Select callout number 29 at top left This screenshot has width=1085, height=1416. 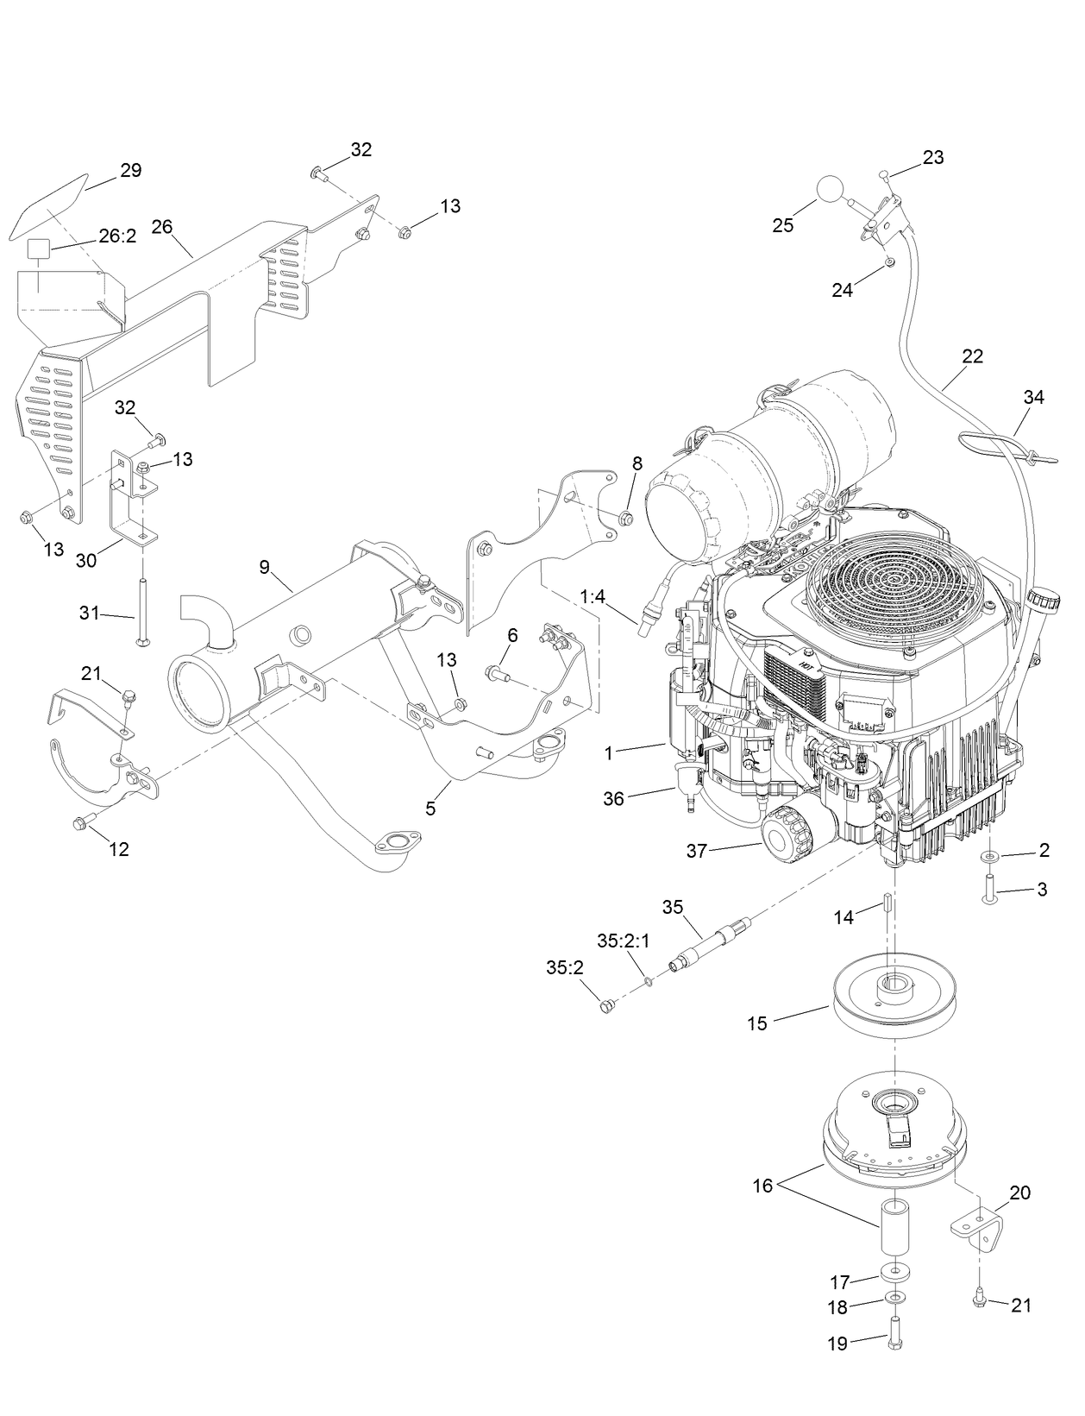tap(130, 170)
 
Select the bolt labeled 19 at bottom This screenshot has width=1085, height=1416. tap(894, 1348)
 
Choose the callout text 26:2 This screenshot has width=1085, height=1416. tap(116, 236)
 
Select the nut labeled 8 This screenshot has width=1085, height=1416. tap(627, 519)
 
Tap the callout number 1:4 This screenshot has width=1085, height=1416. tap(593, 596)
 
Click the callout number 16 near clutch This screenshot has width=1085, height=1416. tap(762, 1186)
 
